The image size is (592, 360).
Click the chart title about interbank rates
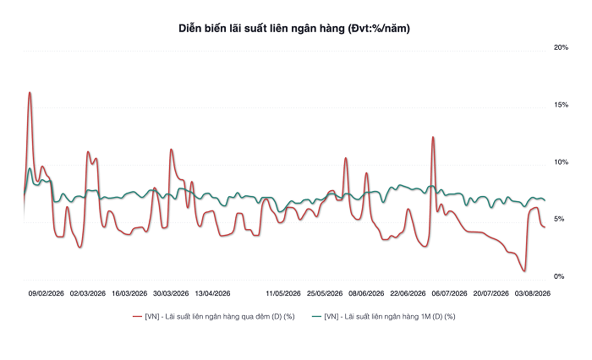294,28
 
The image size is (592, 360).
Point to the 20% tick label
561,47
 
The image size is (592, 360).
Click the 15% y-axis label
561,105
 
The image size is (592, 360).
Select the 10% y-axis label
561,162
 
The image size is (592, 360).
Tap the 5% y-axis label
559,219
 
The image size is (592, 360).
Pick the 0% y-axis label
559,276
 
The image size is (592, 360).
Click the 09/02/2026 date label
46,293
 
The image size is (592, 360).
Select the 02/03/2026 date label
88,293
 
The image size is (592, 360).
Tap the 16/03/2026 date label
129,293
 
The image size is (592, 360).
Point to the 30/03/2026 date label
171,293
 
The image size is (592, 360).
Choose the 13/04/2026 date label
212,293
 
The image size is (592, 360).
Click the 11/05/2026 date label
283,293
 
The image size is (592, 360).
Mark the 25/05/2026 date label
325,293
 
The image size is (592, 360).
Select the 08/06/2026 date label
366,293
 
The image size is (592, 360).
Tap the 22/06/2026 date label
408,293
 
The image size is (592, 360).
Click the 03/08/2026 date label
533,293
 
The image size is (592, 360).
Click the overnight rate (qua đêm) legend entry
214,317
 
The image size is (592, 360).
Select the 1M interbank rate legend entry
384,317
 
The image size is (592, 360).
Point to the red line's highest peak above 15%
30,92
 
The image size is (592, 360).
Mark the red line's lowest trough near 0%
524,270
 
